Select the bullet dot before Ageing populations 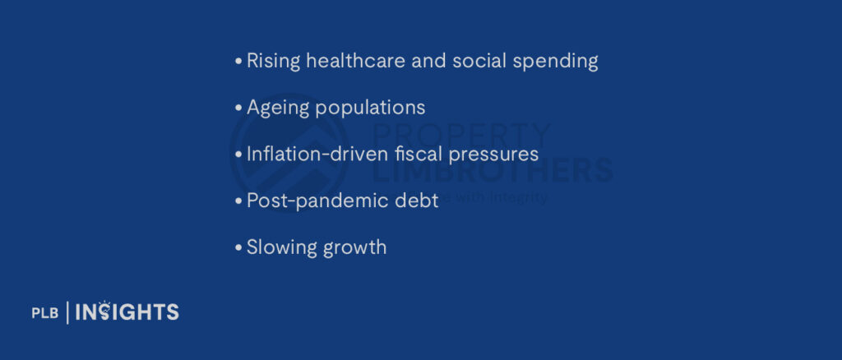(x=238, y=108)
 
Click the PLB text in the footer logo (x=44, y=313)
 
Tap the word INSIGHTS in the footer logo (x=127, y=312)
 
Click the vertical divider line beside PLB (x=67, y=312)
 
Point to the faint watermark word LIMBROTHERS (x=493, y=170)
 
